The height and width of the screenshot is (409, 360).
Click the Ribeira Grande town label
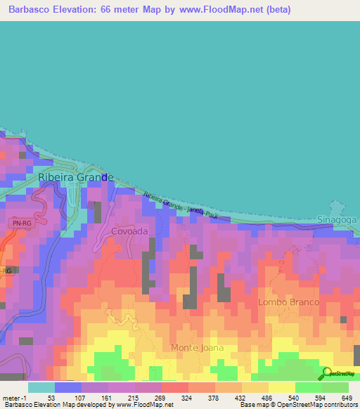coord(75,178)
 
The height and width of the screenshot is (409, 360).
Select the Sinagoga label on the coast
coord(337,219)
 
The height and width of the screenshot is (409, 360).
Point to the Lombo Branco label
coord(288,301)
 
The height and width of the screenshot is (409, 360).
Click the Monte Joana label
coord(198,347)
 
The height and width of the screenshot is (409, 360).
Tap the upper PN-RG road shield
coord(21,223)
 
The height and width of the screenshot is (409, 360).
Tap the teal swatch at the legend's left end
coord(41,387)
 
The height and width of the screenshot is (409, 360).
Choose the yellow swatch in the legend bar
coord(281,387)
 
